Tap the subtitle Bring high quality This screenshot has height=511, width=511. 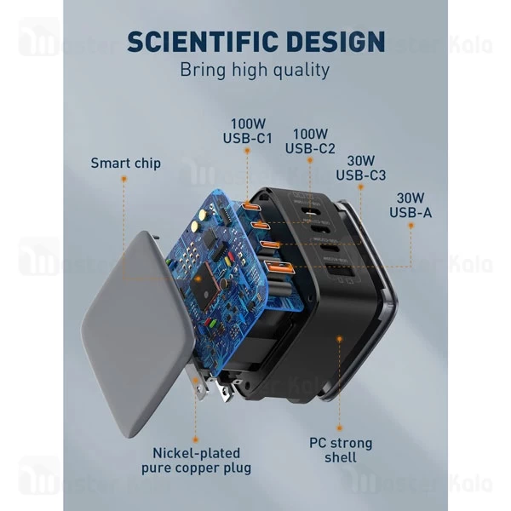(255, 71)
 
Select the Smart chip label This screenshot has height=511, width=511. (125, 162)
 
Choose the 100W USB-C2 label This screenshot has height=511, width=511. (311, 141)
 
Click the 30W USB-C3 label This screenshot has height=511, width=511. (360, 168)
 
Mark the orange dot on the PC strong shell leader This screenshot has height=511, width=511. (340, 338)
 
